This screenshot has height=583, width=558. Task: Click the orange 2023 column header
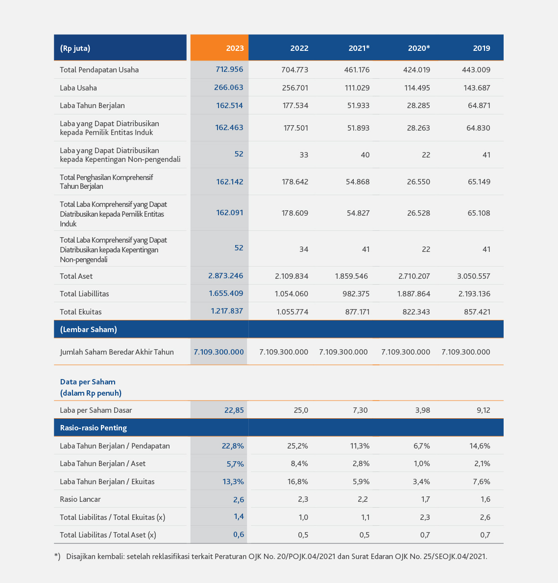235,48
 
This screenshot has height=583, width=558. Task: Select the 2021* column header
359,48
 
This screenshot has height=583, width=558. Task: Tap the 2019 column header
482,48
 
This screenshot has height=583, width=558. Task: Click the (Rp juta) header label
75,48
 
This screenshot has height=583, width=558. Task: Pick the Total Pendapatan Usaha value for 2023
229,69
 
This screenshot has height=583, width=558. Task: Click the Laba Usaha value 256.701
295,88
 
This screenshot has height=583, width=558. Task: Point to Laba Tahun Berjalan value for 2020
418,106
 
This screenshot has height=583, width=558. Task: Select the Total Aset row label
76,276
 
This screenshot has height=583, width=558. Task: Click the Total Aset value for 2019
474,276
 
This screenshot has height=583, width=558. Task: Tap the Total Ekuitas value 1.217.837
227,311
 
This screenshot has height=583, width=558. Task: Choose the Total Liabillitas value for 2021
356,294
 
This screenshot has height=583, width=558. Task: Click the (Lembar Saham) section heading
89,330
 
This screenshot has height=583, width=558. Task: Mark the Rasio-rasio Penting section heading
94,427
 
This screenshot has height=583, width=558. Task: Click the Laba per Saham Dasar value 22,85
234,410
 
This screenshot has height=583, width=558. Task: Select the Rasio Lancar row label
80,499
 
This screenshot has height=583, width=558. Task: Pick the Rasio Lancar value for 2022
303,499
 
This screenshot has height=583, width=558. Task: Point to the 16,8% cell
298,481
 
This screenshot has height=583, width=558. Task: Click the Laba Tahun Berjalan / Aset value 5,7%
235,464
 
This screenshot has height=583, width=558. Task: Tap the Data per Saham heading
88,382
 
